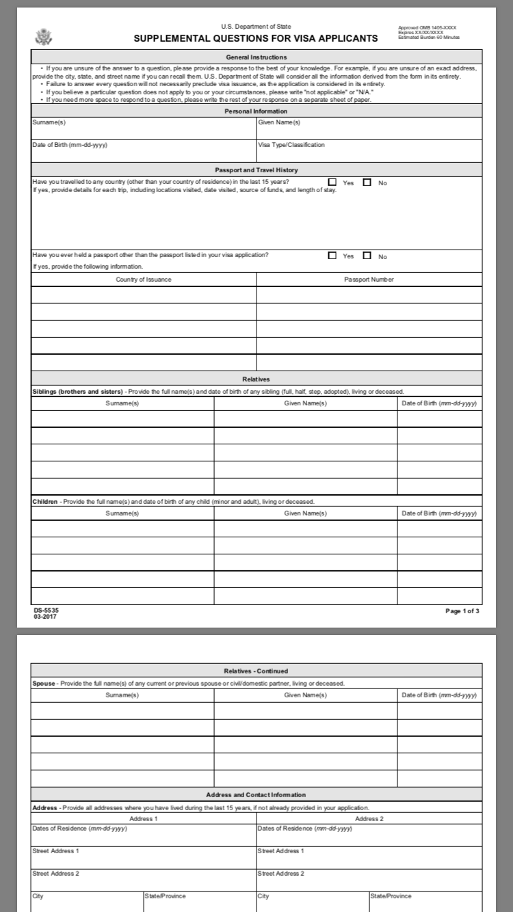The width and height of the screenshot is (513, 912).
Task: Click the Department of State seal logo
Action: (x=43, y=36)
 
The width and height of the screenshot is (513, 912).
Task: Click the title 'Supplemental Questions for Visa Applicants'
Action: (x=256, y=38)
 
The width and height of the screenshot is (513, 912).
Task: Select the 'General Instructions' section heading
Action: (x=256, y=57)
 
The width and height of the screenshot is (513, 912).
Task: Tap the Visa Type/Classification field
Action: (x=369, y=150)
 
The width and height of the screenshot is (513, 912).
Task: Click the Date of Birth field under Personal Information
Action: (x=144, y=150)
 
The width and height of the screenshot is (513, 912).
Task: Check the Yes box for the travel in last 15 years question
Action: (x=332, y=183)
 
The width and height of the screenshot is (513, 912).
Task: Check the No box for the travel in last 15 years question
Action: (x=367, y=183)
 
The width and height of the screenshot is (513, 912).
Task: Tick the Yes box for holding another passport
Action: (x=332, y=256)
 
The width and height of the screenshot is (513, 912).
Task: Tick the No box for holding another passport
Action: (x=367, y=256)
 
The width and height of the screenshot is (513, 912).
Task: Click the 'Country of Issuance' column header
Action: (x=144, y=279)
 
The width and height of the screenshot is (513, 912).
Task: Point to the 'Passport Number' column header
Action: (x=369, y=279)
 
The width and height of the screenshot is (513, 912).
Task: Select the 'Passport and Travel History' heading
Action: (x=256, y=170)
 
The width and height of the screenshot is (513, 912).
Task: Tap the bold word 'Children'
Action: (x=45, y=502)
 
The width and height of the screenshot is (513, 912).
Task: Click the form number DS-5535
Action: (x=42, y=610)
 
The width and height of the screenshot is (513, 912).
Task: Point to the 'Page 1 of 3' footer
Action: (x=462, y=611)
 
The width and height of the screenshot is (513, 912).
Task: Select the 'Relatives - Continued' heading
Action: (x=256, y=671)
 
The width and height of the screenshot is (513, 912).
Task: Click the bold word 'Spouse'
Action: (x=44, y=683)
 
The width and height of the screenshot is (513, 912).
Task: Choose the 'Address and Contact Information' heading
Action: (x=256, y=794)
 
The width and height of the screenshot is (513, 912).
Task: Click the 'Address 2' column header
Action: (x=369, y=818)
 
